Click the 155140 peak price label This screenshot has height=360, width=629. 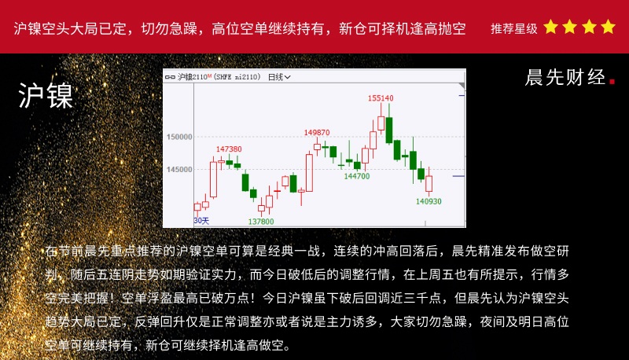pos(381,98)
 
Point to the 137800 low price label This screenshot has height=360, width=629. pos(261,222)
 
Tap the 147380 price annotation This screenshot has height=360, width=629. pos(229,149)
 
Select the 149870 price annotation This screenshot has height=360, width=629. pos(317,132)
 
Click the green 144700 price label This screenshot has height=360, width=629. pos(357,176)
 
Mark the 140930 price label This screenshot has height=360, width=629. pos(429,201)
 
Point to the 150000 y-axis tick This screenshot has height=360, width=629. pos(179,137)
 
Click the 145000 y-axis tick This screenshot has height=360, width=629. pos(179,170)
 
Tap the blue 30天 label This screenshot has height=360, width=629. pos(201,221)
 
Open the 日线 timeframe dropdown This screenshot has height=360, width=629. pos(279,77)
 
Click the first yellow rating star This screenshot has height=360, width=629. pos(551,27)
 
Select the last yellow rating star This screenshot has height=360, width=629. pos(608,27)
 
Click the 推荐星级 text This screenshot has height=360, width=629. pos(514,28)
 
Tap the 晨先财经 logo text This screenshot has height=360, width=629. pos(565,77)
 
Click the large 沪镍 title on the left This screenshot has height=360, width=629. pos(46,96)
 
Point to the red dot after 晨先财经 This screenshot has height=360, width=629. pos(612,82)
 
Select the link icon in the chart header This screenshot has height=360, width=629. pos(170,77)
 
